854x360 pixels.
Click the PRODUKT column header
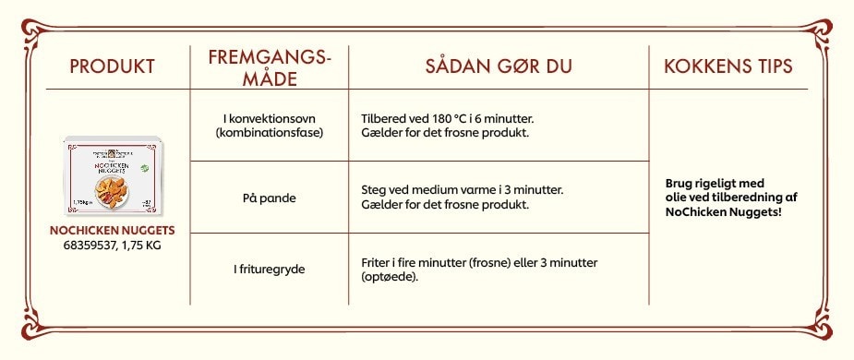[x=112, y=66]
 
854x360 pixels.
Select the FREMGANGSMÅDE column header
[x=269, y=67]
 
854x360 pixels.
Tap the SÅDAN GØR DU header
[x=499, y=66]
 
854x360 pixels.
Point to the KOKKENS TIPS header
[x=728, y=66]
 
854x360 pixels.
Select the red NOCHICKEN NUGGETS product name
[x=112, y=230]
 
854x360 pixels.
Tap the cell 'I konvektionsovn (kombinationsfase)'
[x=269, y=126]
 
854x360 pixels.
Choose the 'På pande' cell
[x=269, y=197]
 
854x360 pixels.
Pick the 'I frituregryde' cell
[x=269, y=269]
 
